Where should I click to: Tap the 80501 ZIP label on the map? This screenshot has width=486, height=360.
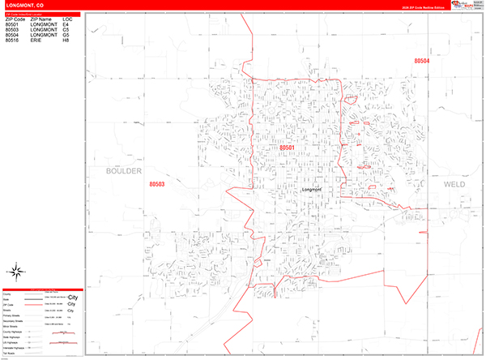coord(288,148)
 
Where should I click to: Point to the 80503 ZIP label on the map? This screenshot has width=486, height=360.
coord(157,185)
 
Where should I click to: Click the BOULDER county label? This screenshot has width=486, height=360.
coord(124,172)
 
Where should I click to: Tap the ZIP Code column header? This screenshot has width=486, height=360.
coord(15,19)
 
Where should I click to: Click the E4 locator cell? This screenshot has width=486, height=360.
coord(66,24)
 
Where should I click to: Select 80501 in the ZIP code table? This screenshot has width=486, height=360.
coord(12,24)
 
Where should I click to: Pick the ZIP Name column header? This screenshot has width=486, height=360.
coord(40,19)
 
